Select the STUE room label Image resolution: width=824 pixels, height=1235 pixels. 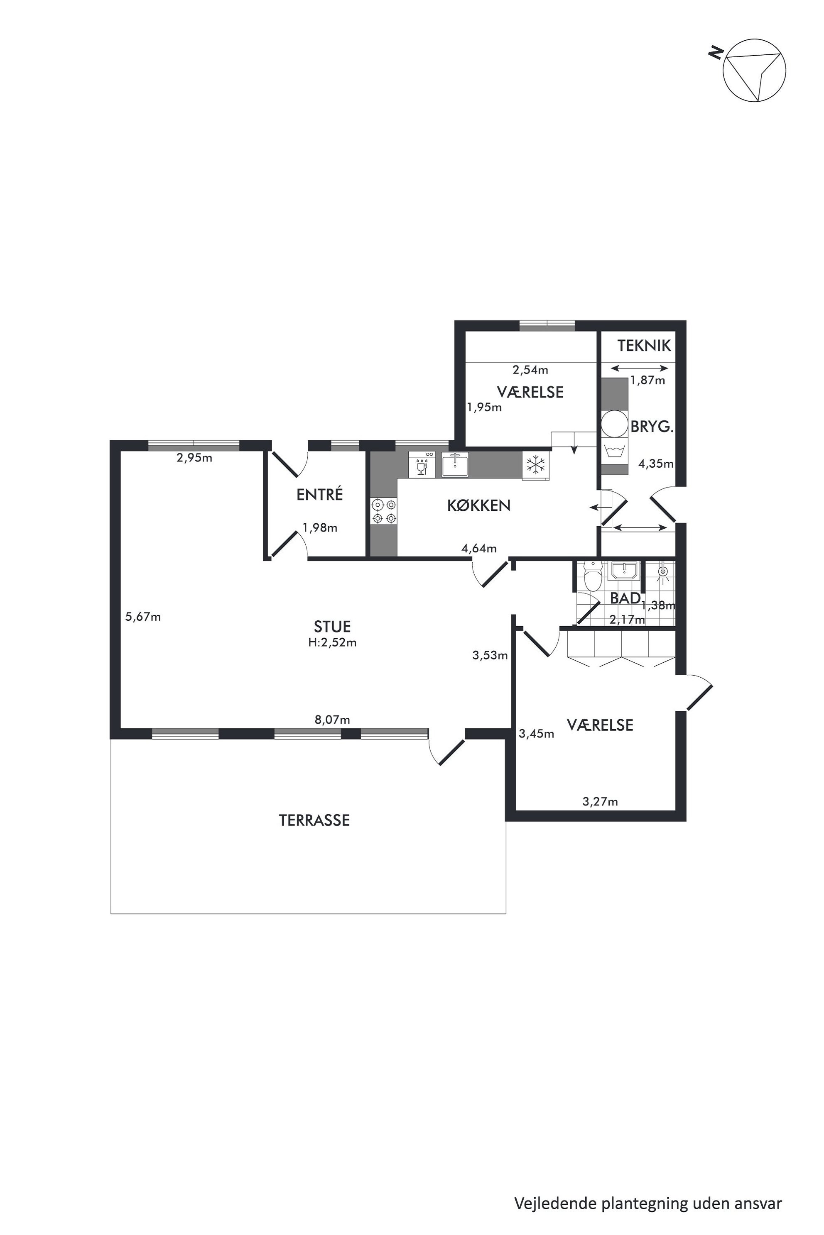click(x=332, y=627)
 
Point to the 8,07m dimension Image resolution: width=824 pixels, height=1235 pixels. click(x=332, y=720)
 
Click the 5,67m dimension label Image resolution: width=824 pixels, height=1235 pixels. click(x=143, y=617)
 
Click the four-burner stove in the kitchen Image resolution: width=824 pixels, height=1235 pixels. click(x=384, y=511)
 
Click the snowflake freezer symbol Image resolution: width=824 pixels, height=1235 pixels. click(x=535, y=465)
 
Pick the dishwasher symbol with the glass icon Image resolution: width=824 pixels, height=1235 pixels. click(x=422, y=464)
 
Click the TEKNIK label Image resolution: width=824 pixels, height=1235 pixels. click(x=644, y=346)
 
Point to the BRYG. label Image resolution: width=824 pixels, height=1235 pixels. click(x=652, y=427)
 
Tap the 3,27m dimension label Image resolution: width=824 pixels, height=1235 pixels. click(x=600, y=802)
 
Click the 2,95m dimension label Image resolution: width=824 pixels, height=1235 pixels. click(x=194, y=458)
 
